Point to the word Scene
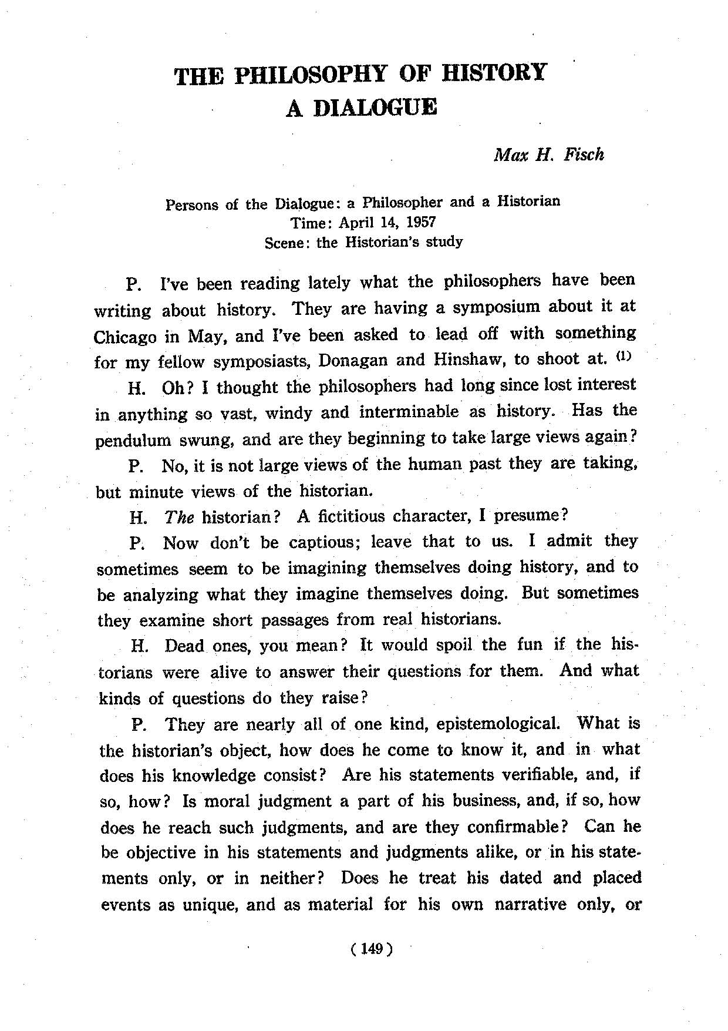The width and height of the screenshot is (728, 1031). coord(287,242)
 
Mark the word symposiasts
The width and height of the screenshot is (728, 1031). coord(261,361)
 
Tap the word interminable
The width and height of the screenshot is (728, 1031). coord(409,412)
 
